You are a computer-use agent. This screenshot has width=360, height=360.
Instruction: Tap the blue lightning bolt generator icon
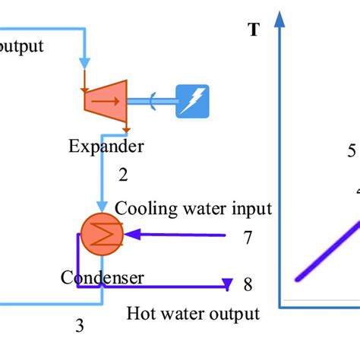click(x=192, y=100)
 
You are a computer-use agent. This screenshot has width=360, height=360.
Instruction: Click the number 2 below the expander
click(x=122, y=175)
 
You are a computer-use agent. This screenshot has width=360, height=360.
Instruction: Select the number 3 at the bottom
click(x=79, y=327)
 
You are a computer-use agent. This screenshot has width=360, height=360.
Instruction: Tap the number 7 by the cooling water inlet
click(x=248, y=238)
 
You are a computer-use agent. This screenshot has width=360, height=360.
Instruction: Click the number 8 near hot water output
click(x=248, y=285)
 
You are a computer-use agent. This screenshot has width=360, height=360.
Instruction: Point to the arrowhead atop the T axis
click(x=283, y=15)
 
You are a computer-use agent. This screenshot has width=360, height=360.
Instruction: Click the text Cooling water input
click(x=193, y=208)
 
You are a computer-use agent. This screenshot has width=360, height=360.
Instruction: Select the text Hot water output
click(x=193, y=313)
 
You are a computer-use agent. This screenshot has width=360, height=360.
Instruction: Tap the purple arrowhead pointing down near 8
click(x=226, y=285)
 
